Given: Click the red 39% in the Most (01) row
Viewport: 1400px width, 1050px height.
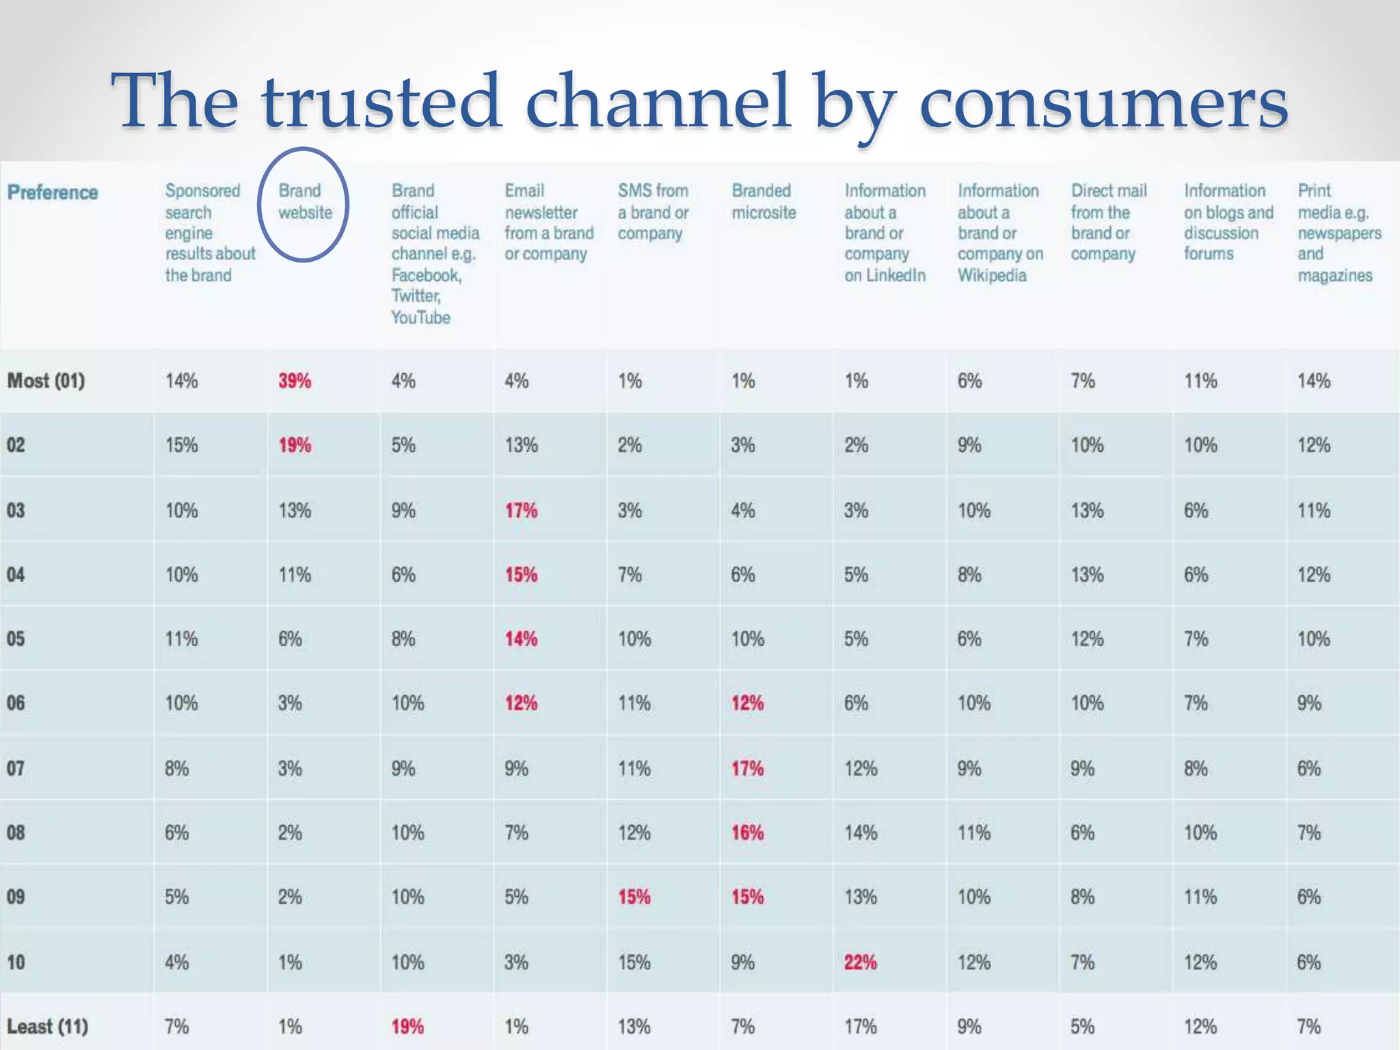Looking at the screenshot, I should [295, 381].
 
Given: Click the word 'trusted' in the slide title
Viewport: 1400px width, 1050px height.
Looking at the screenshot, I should [381, 102].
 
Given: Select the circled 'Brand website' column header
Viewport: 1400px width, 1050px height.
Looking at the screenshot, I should [304, 202].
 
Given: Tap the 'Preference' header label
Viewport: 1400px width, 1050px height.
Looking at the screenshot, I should [53, 192].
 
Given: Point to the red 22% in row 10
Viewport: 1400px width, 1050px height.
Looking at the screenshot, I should [860, 962].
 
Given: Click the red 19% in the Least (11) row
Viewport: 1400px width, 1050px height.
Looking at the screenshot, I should [407, 1027].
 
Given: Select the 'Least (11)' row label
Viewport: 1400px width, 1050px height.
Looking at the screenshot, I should [47, 1027].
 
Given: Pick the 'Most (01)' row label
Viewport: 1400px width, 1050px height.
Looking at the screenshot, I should [46, 381].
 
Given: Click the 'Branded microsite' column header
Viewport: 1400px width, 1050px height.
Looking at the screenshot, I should [764, 202].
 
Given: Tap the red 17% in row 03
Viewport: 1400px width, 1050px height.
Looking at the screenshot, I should [521, 511].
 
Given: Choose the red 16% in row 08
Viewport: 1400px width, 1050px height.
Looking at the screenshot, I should [747, 833].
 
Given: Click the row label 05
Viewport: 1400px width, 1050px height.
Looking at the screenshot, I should [16, 639].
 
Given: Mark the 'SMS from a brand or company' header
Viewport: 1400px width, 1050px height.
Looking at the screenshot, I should [653, 212].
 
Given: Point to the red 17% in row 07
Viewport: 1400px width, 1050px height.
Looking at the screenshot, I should [747, 768].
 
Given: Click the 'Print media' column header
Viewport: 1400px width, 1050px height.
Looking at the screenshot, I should [1338, 232].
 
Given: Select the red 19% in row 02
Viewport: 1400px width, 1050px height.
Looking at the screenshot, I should [295, 445].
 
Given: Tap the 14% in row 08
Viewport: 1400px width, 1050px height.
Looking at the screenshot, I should [860, 833].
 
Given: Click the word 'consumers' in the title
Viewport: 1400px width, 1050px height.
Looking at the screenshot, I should [1103, 102].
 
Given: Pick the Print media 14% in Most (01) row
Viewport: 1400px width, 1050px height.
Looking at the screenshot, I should [1314, 381].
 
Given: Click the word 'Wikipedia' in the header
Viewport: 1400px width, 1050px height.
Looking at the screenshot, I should [992, 275].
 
